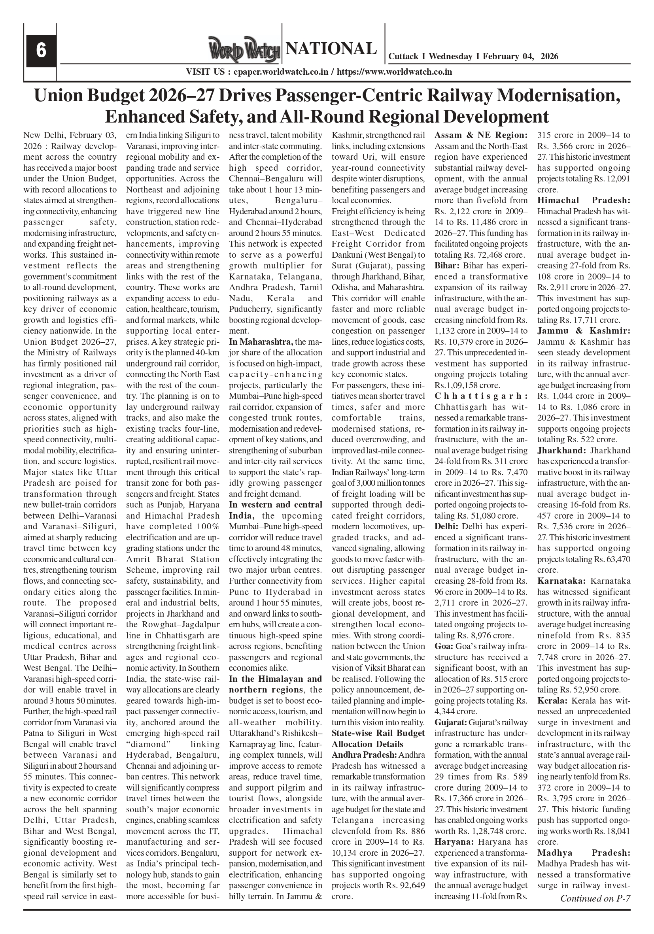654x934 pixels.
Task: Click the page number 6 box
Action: (41, 51)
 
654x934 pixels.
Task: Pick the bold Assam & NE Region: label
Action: (481, 135)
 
